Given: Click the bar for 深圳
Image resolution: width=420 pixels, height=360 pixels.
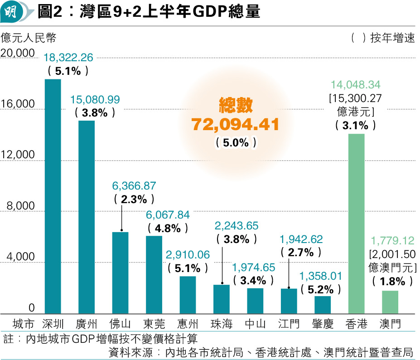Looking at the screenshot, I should (x=53, y=196).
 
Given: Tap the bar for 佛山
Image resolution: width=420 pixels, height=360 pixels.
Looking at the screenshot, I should (x=120, y=272).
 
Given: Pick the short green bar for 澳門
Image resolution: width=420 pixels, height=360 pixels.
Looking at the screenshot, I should (x=390, y=302).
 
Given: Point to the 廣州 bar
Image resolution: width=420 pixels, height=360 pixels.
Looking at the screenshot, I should (x=87, y=217).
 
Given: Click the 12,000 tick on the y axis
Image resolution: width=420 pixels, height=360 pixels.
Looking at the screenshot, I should (x=18, y=155).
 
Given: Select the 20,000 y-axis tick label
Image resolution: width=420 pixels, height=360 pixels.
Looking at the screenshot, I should (x=18, y=53).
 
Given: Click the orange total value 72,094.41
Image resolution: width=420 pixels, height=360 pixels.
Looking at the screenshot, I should (x=236, y=124).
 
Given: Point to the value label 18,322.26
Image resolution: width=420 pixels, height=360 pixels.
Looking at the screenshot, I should (x=68, y=58).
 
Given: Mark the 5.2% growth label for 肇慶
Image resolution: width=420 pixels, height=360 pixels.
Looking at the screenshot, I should (x=323, y=289).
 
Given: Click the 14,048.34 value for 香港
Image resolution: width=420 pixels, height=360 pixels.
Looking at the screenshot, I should (x=356, y=85).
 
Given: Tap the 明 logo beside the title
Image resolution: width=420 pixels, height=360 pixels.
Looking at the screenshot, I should (x=11, y=11).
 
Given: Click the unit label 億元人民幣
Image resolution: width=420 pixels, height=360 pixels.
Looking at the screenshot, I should (x=29, y=37).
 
